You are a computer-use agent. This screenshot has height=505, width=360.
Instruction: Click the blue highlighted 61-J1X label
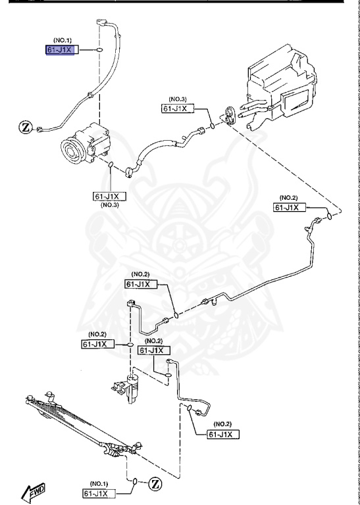point(61,51)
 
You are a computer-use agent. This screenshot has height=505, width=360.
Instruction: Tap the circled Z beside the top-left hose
point(25,126)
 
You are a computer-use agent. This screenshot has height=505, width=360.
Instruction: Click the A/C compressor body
point(86,143)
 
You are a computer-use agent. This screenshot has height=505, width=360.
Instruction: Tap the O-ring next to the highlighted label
point(97,50)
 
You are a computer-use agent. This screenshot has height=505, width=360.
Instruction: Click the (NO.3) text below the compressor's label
point(109,205)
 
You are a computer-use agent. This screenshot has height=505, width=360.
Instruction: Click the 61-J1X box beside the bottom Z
point(99,493)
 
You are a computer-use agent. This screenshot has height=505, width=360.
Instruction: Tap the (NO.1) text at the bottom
point(99,483)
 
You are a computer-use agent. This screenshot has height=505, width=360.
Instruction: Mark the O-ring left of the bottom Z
point(134,483)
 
